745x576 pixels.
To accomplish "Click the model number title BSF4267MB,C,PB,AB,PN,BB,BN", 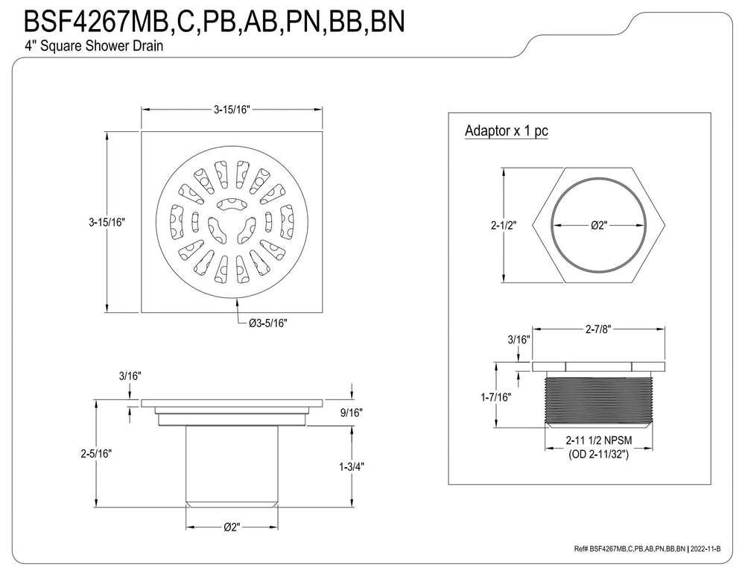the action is coord(214,21).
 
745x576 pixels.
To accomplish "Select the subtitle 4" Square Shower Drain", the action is coord(94,46).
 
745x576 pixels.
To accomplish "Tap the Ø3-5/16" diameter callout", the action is coord(268,323).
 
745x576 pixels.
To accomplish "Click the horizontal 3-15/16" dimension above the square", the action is coord(232,110).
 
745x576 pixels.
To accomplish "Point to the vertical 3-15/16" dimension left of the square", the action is coord(107,222).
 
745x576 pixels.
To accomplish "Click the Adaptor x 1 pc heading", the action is coord(507,130).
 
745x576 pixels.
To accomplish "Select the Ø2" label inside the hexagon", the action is coord(599,225).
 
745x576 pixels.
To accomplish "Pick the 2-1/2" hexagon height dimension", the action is coord(504,225).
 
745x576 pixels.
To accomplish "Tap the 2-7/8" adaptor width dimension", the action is coord(597,329).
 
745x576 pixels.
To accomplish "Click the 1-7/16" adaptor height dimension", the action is coord(496,397).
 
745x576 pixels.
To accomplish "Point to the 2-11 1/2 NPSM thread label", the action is coord(599,440).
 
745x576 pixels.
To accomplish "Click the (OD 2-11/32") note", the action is coord(599,455).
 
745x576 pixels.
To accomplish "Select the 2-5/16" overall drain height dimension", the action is coord(95,454).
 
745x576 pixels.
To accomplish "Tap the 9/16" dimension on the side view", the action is coord(351,413).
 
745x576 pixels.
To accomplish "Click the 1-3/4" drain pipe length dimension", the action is coord(351,466).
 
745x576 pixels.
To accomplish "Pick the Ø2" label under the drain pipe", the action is coord(232,527).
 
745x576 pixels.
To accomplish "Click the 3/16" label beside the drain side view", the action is coord(130,376).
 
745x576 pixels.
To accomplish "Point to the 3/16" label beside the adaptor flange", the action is coord(519,339).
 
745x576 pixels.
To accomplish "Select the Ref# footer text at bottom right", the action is coord(647,549).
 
